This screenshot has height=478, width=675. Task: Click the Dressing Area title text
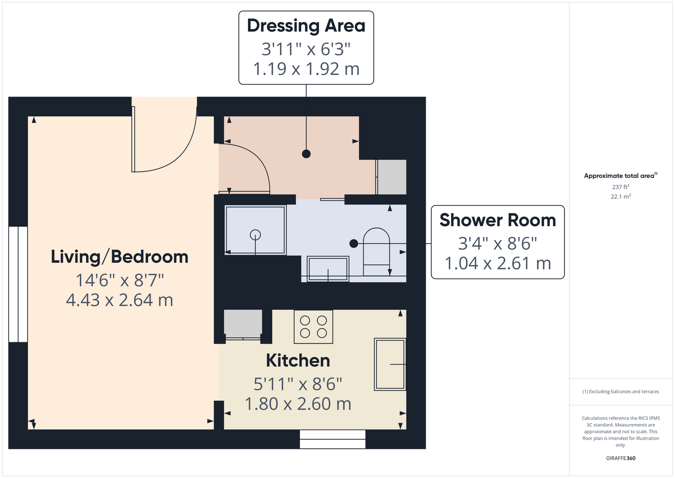coord(306,26)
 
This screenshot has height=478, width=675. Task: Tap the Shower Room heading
coord(497,220)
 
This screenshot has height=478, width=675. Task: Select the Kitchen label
coord(298,360)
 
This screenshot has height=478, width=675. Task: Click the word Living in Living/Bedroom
coord(75,257)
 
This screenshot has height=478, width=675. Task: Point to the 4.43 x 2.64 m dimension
coord(119,300)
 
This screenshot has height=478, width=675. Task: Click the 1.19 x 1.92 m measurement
coord(306,69)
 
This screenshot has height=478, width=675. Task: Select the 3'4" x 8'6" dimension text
coord(497,243)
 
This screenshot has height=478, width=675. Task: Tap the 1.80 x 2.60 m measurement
coord(298,404)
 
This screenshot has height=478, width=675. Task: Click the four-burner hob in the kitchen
coord(313,327)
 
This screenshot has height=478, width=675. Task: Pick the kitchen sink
coord(390,364)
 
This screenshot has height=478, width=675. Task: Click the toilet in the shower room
coord(376,252)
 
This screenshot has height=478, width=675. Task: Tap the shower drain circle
coord(255,235)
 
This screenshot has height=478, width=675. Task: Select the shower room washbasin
coord(328,269)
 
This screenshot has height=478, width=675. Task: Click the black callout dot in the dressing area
coord(306,154)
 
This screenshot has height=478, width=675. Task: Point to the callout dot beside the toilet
coord(354,243)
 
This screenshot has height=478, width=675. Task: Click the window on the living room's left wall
coord(18,284)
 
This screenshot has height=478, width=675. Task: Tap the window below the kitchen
coord(332,439)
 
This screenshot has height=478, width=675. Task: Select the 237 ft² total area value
coord(621,187)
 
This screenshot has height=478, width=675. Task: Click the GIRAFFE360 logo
coord(621,458)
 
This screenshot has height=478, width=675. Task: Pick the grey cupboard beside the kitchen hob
coord(243,323)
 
